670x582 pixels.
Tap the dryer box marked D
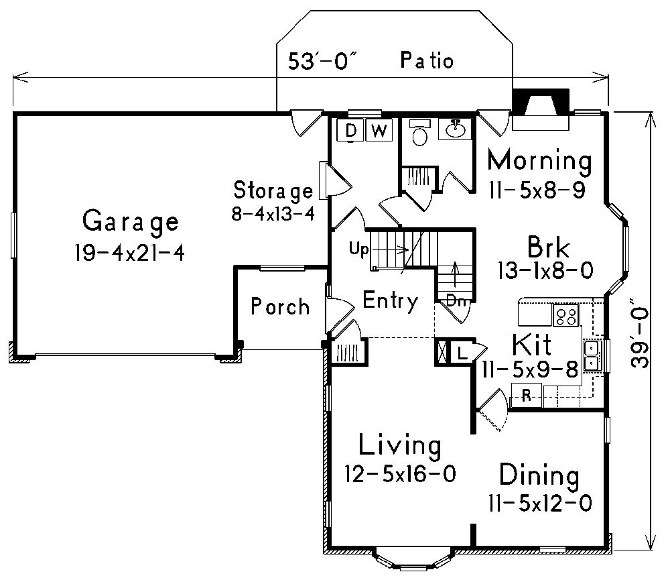click(x=350, y=130)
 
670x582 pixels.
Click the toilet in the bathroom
click(x=420, y=134)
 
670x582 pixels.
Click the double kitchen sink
click(x=592, y=355)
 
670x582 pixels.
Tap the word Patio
click(x=427, y=61)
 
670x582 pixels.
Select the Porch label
click(x=280, y=307)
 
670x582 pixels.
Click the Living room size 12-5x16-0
click(x=400, y=474)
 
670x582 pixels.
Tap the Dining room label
click(x=539, y=477)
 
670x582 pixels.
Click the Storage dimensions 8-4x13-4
click(x=271, y=215)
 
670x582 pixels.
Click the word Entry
click(x=390, y=301)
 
